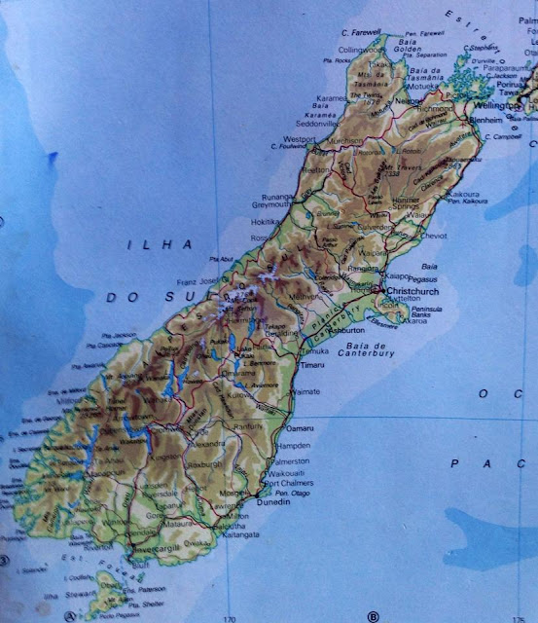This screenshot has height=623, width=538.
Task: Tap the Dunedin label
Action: pyautogui.click(x=273, y=504)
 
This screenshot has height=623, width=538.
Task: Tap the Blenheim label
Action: pyautogui.click(x=477, y=120)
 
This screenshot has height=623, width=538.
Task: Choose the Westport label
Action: pyautogui.click(x=298, y=139)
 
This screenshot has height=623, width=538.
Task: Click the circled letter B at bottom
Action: pyautogui.click(x=372, y=615)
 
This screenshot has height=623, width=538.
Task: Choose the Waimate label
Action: pyautogui.click(x=305, y=389)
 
